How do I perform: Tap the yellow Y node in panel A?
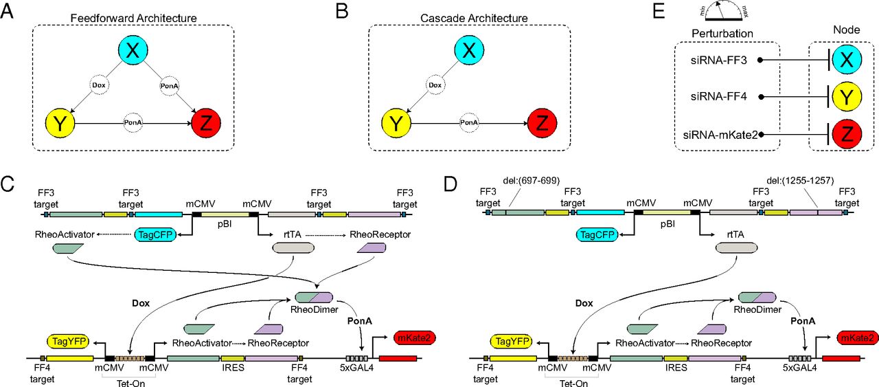(60, 124)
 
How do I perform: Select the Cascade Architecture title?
(468, 17)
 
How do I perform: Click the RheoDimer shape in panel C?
(314, 297)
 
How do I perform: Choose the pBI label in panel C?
(225, 223)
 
